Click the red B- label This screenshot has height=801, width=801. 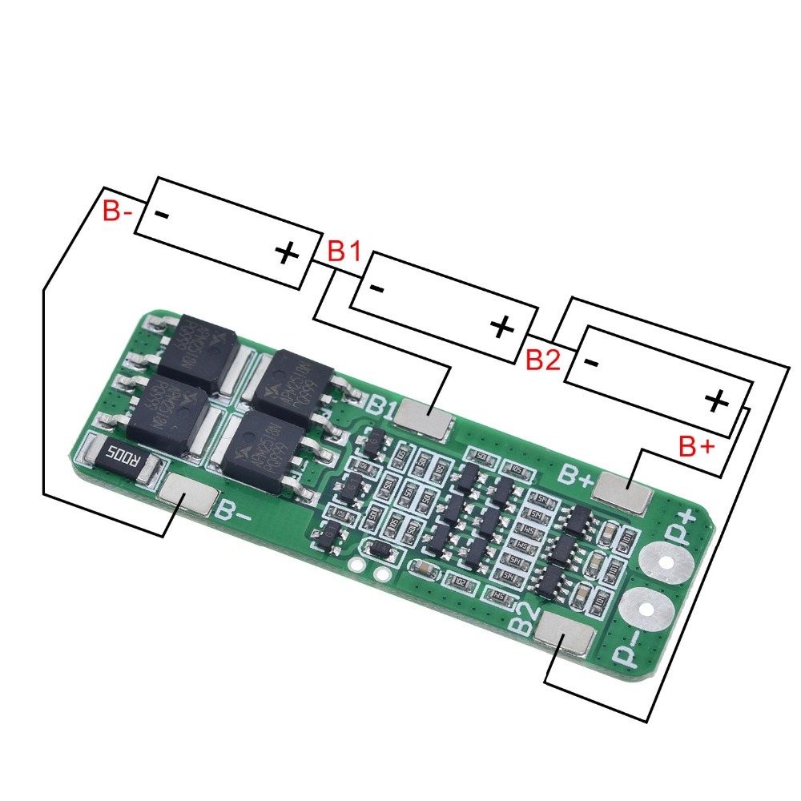(x=117, y=212)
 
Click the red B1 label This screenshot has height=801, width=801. (x=344, y=252)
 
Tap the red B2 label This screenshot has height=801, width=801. (x=542, y=360)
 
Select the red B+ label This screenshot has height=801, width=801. (x=695, y=447)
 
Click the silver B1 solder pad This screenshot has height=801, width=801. (x=426, y=417)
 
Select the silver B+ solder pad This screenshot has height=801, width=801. (x=624, y=489)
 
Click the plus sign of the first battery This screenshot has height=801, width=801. (x=286, y=254)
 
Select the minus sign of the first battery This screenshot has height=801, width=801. (x=161, y=215)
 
